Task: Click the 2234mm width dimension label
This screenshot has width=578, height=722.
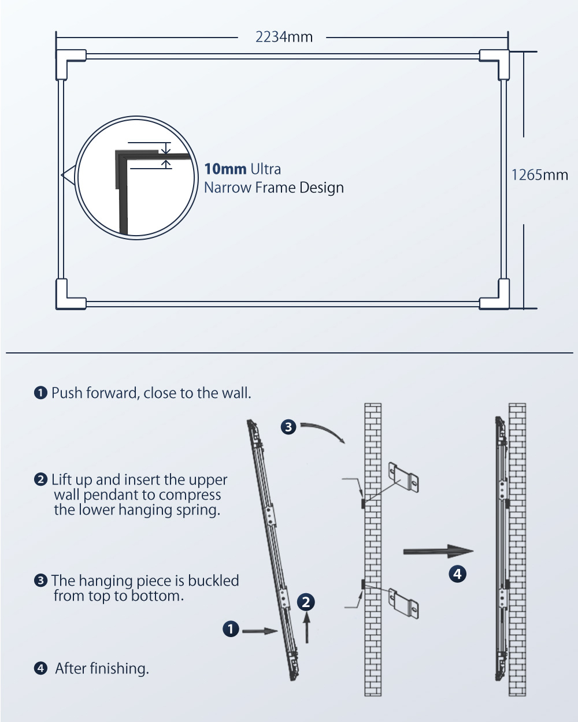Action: pyautogui.click(x=284, y=37)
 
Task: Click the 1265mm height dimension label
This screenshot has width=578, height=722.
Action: pyautogui.click(x=539, y=175)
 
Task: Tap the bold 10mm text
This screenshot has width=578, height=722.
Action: pyautogui.click(x=225, y=169)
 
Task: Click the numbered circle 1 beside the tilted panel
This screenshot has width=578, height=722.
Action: pyautogui.click(x=231, y=629)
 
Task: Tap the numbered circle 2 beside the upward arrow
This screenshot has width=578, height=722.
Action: pyautogui.click(x=306, y=602)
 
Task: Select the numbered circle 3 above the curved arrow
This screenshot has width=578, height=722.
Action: pyautogui.click(x=288, y=427)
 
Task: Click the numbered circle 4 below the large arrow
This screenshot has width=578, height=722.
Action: pyautogui.click(x=457, y=574)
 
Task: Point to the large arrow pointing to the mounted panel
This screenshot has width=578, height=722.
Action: pyautogui.click(x=438, y=551)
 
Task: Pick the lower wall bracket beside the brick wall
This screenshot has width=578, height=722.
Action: pyautogui.click(x=403, y=603)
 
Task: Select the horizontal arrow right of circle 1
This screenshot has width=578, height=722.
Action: pyautogui.click(x=260, y=631)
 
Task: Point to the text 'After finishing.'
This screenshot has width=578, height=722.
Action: pyautogui.click(x=102, y=668)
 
